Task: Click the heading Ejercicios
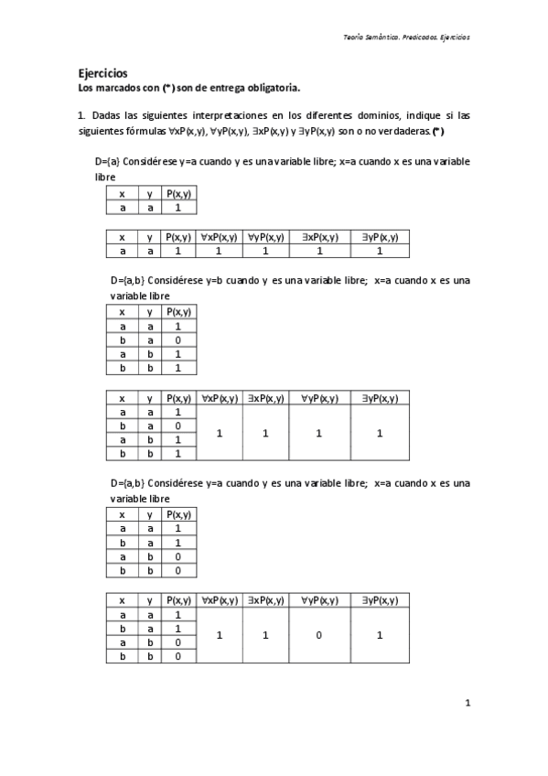[x=102, y=73]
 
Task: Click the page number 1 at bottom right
[x=467, y=703]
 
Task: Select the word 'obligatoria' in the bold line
[x=271, y=88]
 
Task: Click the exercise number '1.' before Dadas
[x=81, y=115]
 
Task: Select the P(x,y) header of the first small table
[x=178, y=193]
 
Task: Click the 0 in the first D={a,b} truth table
[x=178, y=339]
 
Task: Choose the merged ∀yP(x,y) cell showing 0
[x=319, y=634]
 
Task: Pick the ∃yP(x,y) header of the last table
[x=379, y=600]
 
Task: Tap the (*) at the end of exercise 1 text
[x=438, y=132]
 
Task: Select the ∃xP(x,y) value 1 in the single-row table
[x=319, y=250]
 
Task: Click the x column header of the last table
[x=122, y=600]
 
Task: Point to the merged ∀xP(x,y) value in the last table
[x=220, y=634]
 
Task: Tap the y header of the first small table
[x=149, y=193]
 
